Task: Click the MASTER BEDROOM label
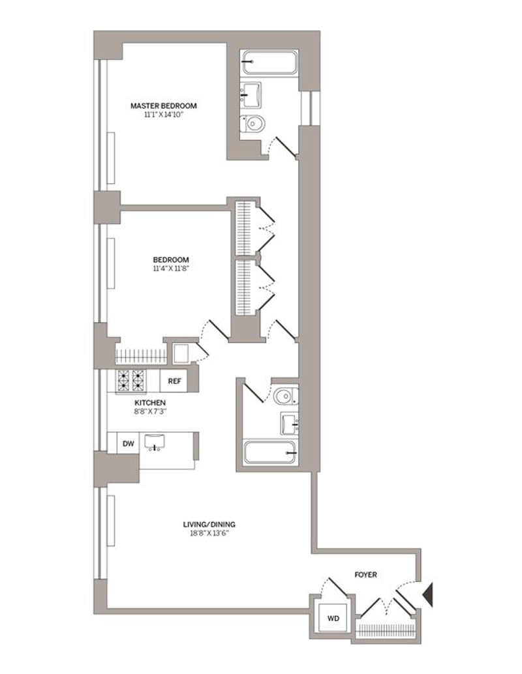click(164, 106)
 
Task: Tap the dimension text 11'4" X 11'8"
click(171, 268)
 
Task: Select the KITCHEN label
click(150, 403)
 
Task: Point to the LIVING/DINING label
click(209, 525)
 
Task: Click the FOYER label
click(365, 575)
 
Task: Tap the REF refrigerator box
click(174, 381)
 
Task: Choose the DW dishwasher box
click(129, 444)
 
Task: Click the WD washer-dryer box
click(333, 618)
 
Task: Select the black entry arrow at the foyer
click(428, 594)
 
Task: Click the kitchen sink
click(155, 443)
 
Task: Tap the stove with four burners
click(130, 381)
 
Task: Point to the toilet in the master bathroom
click(252, 125)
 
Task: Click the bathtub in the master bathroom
click(270, 63)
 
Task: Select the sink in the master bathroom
click(251, 95)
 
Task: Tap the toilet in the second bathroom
click(286, 396)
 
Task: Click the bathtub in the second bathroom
click(270, 452)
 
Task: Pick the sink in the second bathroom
click(289, 423)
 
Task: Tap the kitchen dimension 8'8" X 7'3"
click(150, 411)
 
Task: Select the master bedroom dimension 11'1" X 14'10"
click(164, 115)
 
